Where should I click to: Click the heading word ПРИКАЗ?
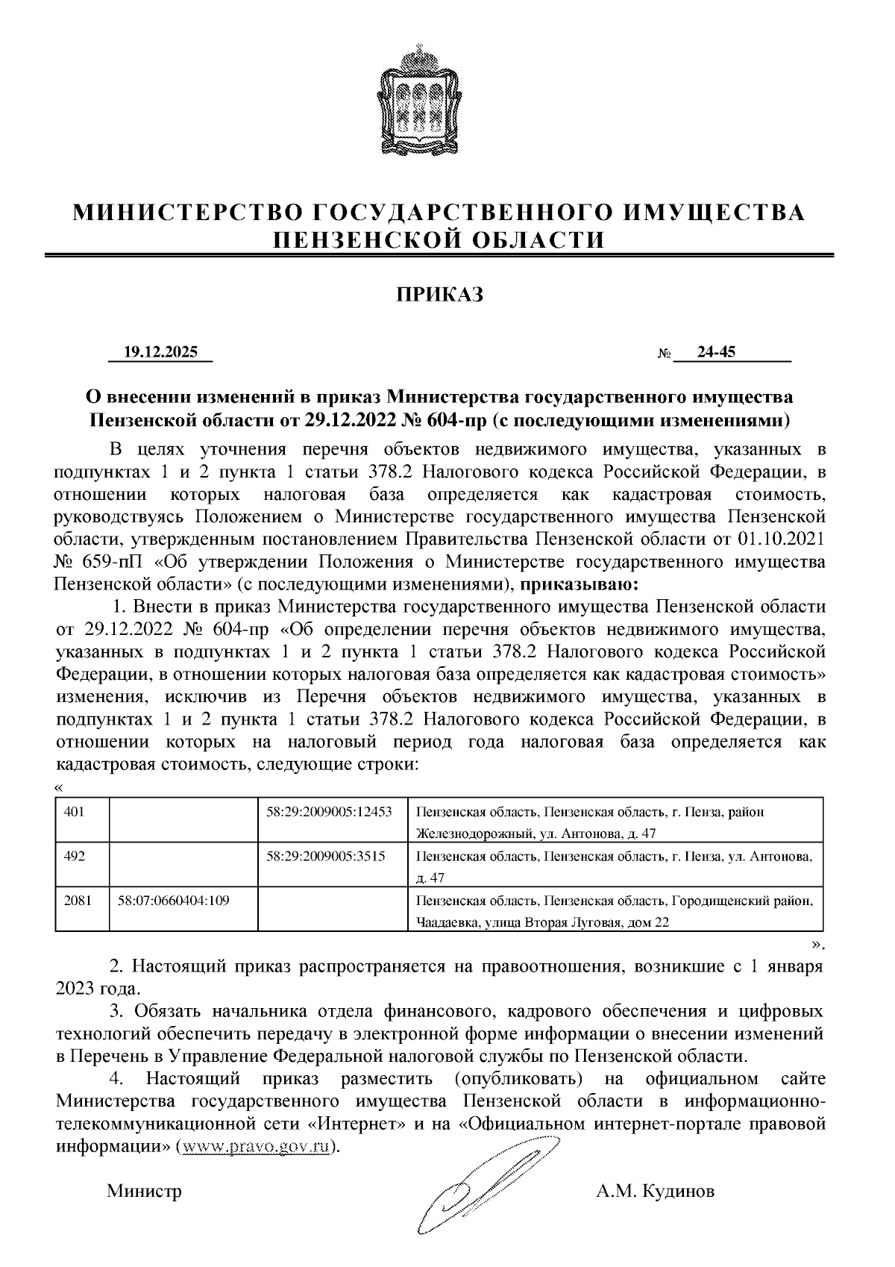point(439,295)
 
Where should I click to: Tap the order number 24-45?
point(716,351)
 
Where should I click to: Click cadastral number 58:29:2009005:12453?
point(329,812)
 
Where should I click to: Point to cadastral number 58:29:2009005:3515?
point(325,856)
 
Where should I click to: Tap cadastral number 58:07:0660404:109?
point(173,900)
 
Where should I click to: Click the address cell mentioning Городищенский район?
point(615,911)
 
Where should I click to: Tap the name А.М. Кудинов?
point(655,1191)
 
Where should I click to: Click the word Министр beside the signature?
point(144,1191)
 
